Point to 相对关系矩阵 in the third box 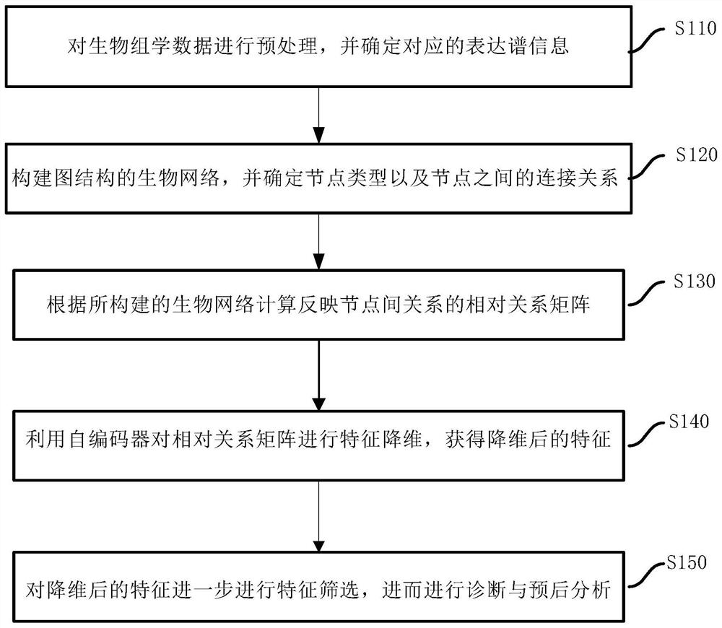pos(547,305)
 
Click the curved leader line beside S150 pos(648,576)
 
